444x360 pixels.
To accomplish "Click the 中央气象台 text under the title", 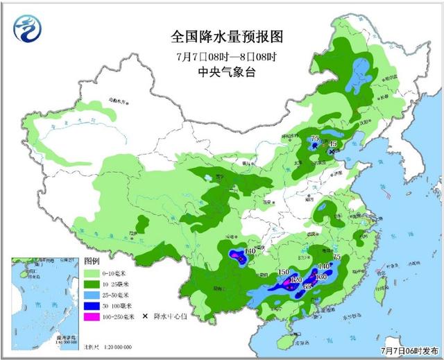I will (208, 71).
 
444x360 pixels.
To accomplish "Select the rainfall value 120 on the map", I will (296, 279).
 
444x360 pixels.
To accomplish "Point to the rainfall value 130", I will (321, 277).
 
